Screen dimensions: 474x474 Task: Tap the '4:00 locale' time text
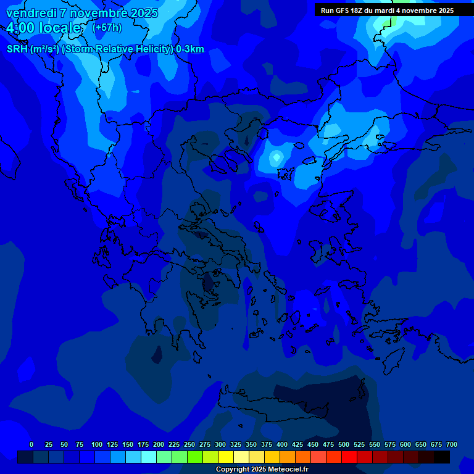(44, 28)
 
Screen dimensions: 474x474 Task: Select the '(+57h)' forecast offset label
(107, 28)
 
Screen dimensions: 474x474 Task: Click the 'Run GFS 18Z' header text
(346, 10)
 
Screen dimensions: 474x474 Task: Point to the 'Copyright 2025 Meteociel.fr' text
(262, 470)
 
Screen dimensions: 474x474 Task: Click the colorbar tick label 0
(31, 444)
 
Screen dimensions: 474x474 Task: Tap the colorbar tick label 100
(97, 444)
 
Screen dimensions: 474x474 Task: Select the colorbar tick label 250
(189, 444)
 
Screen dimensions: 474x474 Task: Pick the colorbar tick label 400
(282, 444)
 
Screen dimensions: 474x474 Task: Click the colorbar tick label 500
(344, 444)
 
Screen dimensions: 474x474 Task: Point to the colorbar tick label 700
(452, 444)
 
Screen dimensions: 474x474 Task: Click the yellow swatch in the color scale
(226, 457)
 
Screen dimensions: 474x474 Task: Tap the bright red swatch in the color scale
(349, 457)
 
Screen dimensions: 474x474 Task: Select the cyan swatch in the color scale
(149, 457)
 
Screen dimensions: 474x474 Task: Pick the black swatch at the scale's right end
(442, 457)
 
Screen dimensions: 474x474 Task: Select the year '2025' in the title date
(144, 13)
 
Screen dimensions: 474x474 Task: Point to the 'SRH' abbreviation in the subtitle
(17, 49)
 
